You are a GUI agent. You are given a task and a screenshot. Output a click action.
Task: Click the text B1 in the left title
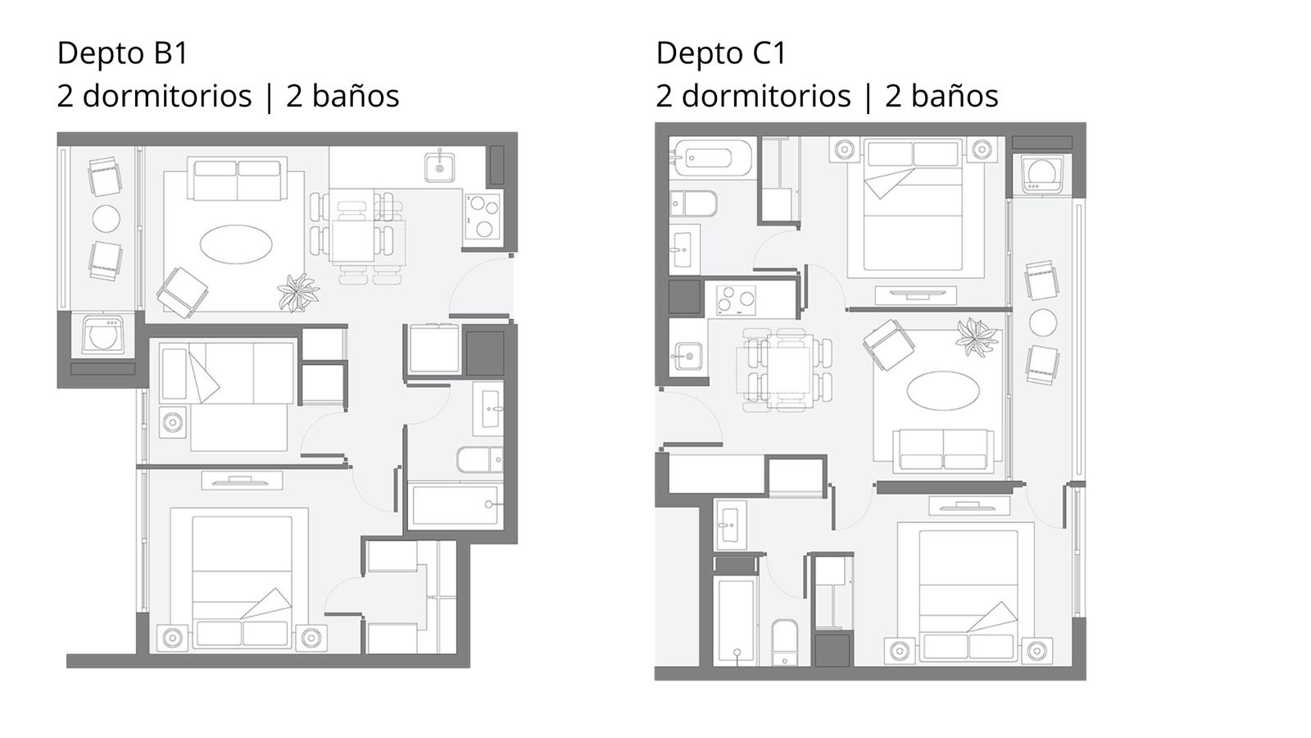pos(171,52)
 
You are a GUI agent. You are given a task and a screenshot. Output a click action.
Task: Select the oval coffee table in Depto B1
pos(236,244)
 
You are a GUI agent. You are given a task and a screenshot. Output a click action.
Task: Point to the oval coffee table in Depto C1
pos(943,390)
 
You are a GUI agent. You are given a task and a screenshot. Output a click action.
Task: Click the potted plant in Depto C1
pos(976,337)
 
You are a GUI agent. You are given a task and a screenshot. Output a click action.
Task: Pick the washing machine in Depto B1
pos(103,335)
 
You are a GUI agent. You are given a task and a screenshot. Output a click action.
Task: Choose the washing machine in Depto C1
pos(1042,173)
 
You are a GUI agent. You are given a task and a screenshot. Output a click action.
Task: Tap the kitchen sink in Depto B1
pos(439,165)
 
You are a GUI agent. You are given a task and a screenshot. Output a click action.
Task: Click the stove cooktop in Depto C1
pos(737,301)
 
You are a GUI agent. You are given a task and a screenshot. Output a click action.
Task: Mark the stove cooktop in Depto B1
pos(483,216)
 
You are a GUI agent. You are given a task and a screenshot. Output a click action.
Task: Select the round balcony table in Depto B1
pos(107,219)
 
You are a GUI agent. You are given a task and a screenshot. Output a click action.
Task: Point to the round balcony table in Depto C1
pos(1043,323)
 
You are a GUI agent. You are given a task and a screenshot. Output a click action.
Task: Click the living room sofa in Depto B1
pos(237,179)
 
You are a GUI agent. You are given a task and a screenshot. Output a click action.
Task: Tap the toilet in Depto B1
pos(479,460)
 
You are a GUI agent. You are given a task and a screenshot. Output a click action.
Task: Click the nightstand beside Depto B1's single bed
pos(173,422)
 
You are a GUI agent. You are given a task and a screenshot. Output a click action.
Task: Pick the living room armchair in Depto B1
pos(182,293)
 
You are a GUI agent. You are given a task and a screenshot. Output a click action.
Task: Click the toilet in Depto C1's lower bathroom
pos(784,643)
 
